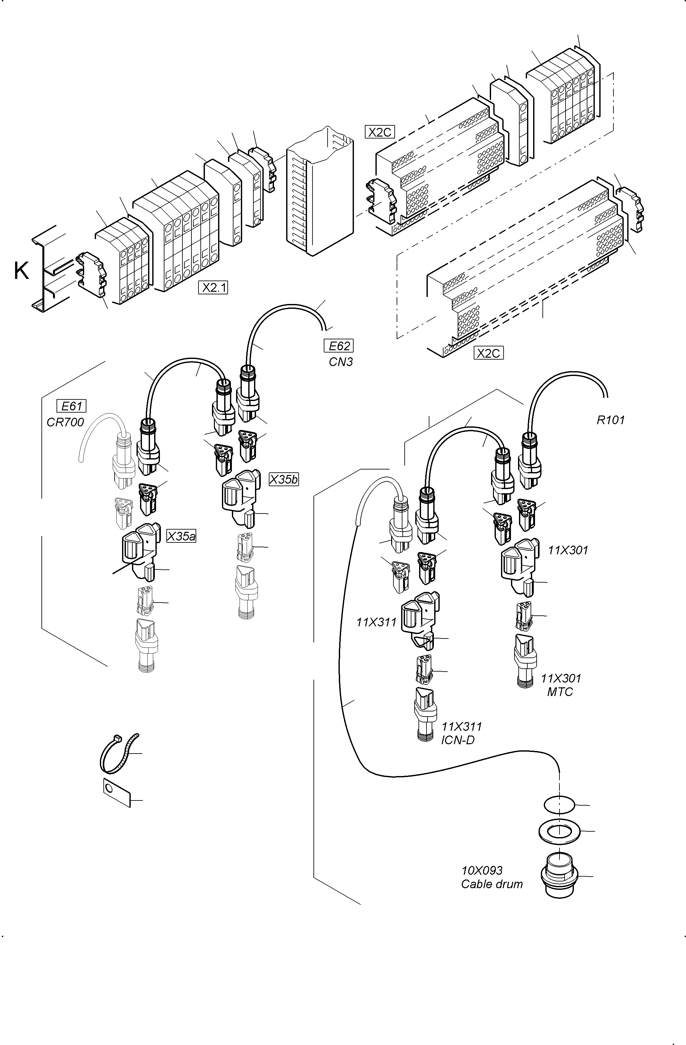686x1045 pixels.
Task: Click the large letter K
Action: pos(21,271)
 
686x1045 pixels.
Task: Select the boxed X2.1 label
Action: pos(213,288)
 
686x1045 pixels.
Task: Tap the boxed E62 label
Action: pos(339,346)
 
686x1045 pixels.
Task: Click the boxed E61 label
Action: pos(72,406)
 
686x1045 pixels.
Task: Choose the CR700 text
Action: pos(66,422)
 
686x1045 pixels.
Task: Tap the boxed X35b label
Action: pos(284,479)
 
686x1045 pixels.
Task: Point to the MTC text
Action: pos(560,692)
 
